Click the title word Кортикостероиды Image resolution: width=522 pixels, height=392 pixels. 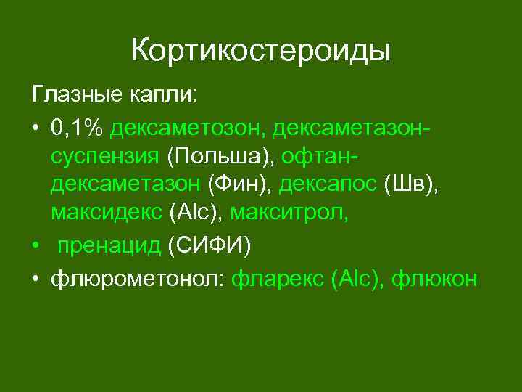261,51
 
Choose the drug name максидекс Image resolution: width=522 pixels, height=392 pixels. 107,214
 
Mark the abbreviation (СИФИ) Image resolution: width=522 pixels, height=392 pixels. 210,247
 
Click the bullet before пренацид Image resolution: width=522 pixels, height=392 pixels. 35,247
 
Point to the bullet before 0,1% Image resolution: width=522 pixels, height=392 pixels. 35,128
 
